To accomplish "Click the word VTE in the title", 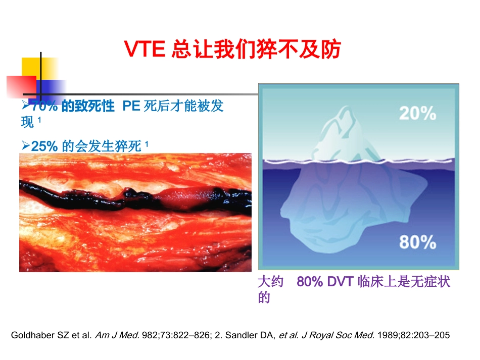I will [145, 50].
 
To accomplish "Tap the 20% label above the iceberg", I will [417, 114].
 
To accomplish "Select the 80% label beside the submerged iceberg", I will [417, 243].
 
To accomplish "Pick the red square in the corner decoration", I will [20, 87].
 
